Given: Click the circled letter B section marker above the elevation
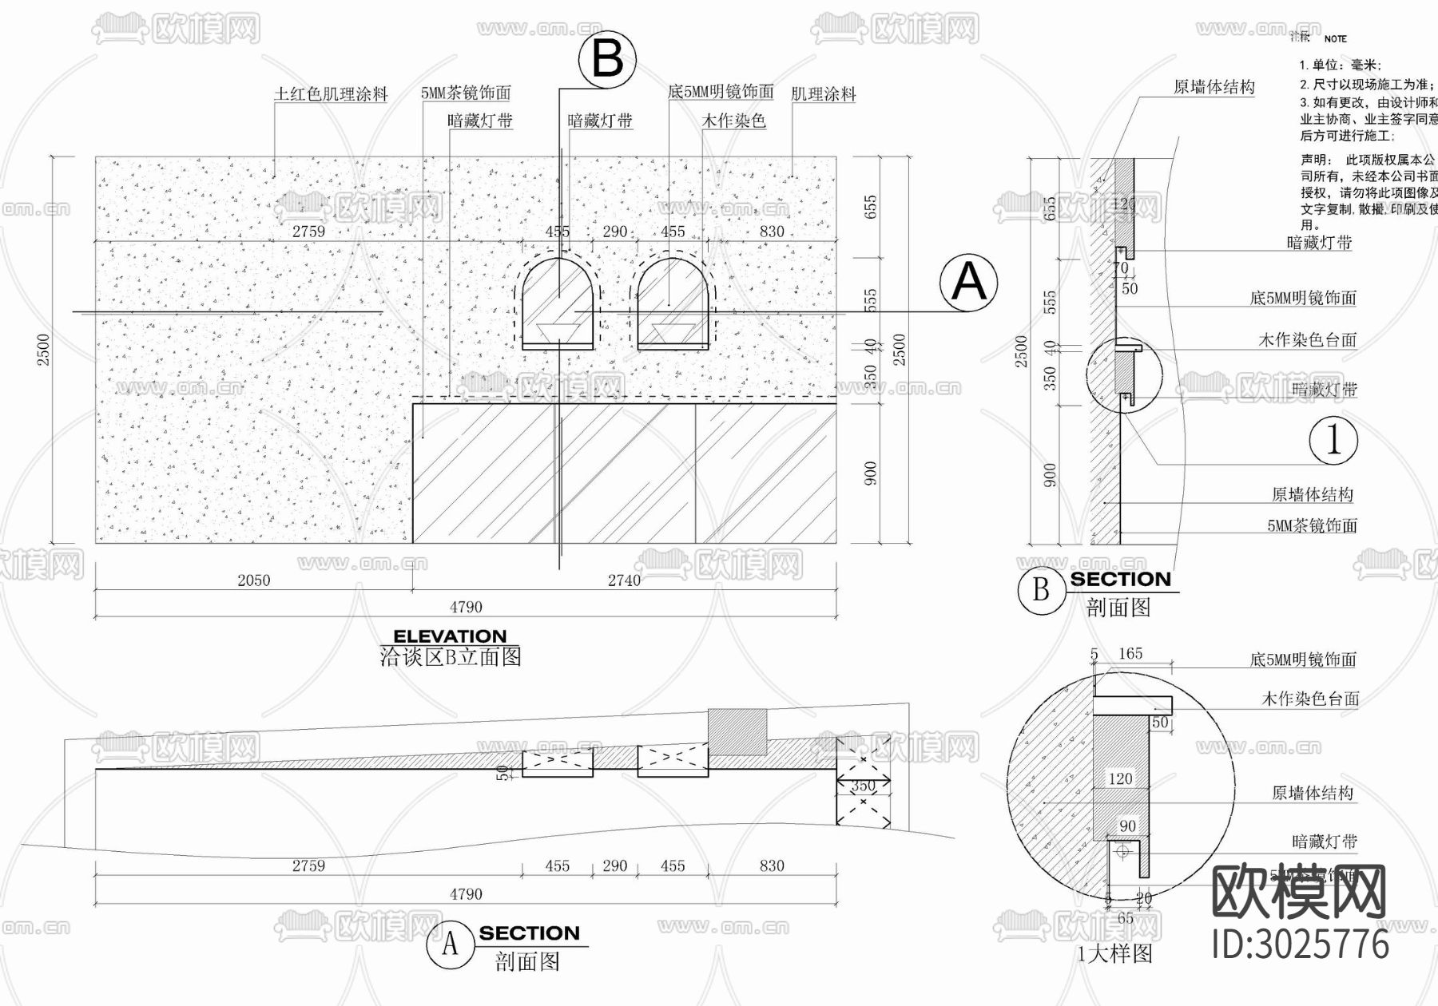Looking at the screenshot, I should pos(607,58).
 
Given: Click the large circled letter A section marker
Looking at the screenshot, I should pos(969,283).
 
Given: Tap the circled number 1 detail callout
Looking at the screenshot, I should pos(1333,440).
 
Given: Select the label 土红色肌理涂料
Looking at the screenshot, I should pos(331,94).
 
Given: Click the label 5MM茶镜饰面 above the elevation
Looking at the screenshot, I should pos(466,93).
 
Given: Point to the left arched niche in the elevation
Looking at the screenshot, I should pos(558,301).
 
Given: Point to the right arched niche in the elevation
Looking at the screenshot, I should pos(673,301).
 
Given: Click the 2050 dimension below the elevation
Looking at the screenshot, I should pos(253,580).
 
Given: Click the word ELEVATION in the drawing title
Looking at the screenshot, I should pos(450,636).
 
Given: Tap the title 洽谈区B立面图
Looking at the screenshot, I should pos(450,657).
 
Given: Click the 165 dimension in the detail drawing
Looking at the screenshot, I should pos(1130,654).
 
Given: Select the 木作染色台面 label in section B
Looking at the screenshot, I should pos(1307,340).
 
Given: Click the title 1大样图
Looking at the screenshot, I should pos(1114,953).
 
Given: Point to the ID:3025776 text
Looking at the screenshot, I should pos(1300,945).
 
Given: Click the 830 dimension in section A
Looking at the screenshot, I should pos(771,865).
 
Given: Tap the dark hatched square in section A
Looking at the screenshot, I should pos(737,731).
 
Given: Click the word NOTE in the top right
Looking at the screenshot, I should pos(1335,38).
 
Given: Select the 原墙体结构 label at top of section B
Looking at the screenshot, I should pos(1214,87).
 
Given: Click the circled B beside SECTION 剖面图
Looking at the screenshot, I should pos(1040,590).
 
